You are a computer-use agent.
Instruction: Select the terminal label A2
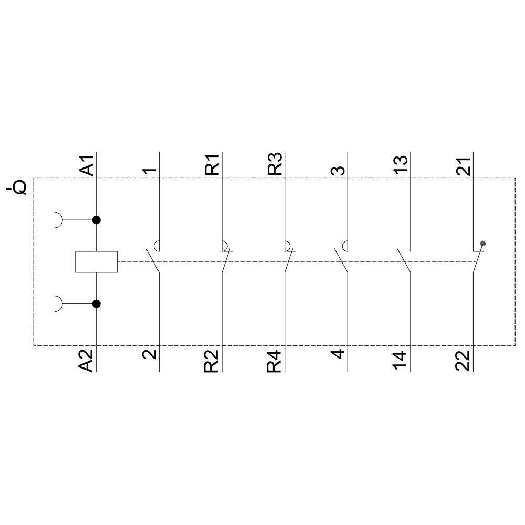pyautogui.click(x=87, y=360)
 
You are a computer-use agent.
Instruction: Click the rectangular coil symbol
pyautogui.click(x=96, y=261)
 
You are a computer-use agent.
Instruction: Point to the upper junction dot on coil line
pyautogui.click(x=96, y=220)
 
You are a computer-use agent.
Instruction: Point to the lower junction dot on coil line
pyautogui.click(x=96, y=303)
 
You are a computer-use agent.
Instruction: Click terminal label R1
pyautogui.click(x=212, y=164)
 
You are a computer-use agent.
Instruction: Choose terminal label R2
pyautogui.click(x=212, y=361)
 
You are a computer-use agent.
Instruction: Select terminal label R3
pyautogui.click(x=275, y=164)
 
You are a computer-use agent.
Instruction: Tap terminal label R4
pyautogui.click(x=275, y=361)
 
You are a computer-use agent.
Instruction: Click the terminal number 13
pyautogui.click(x=401, y=166)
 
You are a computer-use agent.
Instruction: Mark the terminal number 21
pyautogui.click(x=464, y=166)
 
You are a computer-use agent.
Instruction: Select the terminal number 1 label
pyautogui.click(x=150, y=171)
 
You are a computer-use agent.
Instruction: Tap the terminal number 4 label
pyautogui.click(x=339, y=353)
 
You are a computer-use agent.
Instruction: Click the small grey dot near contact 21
pyautogui.click(x=483, y=244)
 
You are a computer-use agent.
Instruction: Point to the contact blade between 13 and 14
pyautogui.click(x=404, y=261)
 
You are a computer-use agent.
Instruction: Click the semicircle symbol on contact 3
pyautogui.click(x=345, y=245)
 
